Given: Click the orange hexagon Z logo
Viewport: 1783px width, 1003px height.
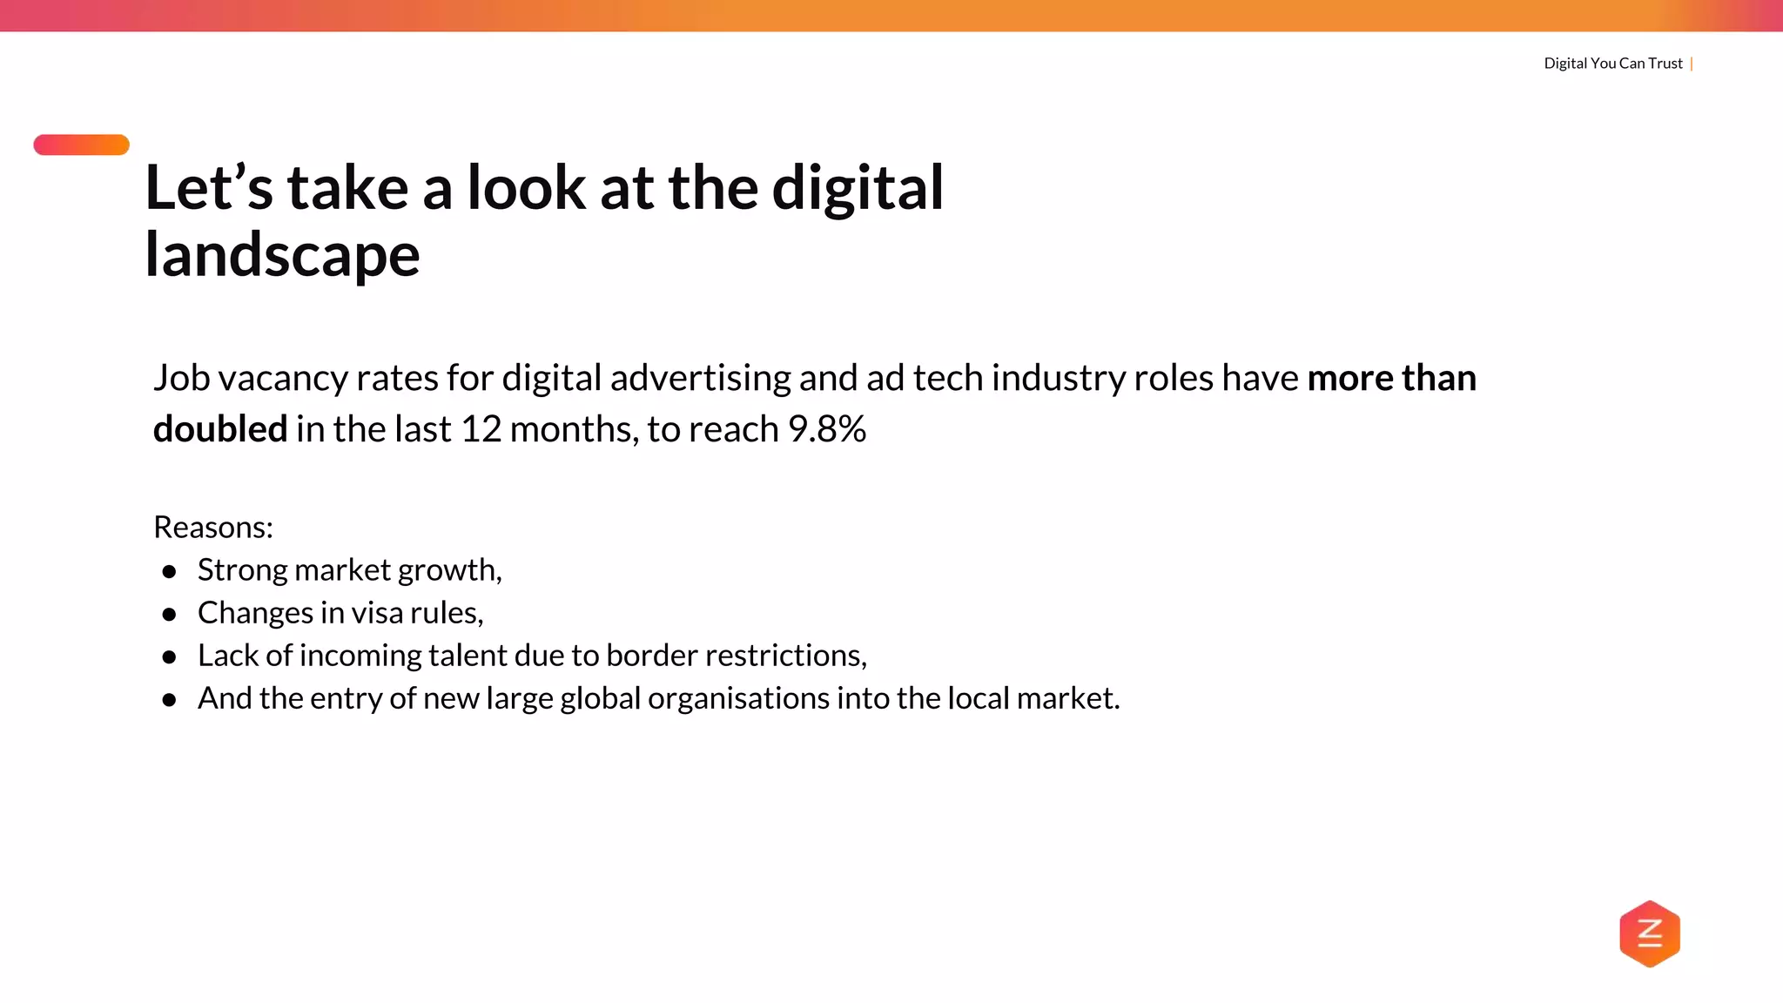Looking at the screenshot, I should [x=1649, y=933].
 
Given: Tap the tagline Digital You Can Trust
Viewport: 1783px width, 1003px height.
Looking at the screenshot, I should [x=1612, y=64].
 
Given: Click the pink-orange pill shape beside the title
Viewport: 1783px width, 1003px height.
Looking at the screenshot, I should [x=81, y=145].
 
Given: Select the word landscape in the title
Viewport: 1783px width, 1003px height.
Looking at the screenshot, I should [x=282, y=255].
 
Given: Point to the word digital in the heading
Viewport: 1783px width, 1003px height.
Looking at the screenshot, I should [x=857, y=188].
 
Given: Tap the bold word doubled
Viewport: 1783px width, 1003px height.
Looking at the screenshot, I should [x=219, y=429].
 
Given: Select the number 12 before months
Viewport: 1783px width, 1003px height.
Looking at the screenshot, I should [x=481, y=429].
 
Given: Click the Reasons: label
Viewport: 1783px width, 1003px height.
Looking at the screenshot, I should [x=213, y=528].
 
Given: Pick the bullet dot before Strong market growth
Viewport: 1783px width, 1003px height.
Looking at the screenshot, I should [x=170, y=572].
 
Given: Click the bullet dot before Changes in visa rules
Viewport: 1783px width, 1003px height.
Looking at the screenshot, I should [x=170, y=615].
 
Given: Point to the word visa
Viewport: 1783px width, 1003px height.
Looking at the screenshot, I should [x=377, y=613].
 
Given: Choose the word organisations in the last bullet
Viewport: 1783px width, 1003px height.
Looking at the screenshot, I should [x=738, y=698].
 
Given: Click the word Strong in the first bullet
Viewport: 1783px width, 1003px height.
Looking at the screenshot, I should [x=242, y=570].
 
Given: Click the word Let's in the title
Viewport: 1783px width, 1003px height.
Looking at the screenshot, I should [x=208, y=188].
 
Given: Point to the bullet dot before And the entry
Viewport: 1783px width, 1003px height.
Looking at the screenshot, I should [x=170, y=700].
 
